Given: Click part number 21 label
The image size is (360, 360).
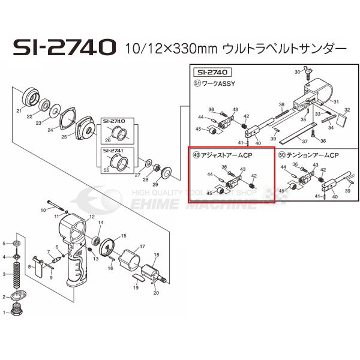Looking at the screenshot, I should click(19, 111).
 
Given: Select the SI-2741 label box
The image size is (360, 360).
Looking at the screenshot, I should click(114, 150).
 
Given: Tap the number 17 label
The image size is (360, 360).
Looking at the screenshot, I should click(142, 247).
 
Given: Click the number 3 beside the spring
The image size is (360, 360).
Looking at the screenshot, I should click(4, 274).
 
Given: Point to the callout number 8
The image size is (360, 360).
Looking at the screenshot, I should click(28, 265).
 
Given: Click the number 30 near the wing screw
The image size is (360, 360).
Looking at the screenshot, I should click(296, 72).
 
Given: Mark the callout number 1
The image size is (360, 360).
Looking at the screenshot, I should click(4, 312).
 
